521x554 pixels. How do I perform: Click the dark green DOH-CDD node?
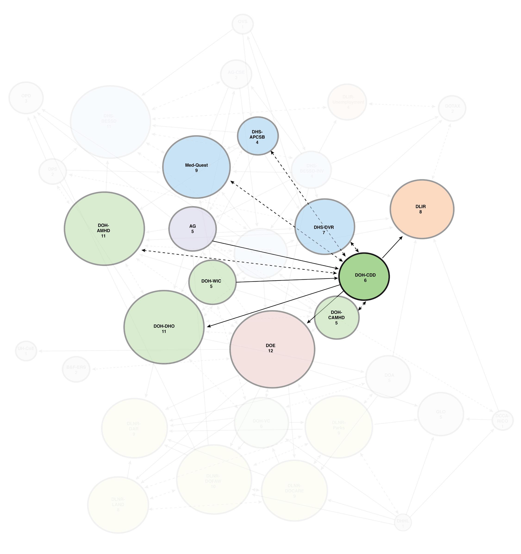pos(364,277)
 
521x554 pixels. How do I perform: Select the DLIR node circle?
pos(422,209)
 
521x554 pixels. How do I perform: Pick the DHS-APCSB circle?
pos(258,136)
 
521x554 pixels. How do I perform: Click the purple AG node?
pos(192,229)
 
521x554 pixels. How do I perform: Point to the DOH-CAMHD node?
pos(337,317)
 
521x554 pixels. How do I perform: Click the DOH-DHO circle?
pos(164,327)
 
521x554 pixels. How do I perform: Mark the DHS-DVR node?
pos(324,227)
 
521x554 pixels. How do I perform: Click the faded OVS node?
pos(243,24)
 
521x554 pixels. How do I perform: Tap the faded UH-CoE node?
pos(26,351)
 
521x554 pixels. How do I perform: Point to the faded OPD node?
pos(26,98)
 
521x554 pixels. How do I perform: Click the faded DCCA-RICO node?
pos(502,421)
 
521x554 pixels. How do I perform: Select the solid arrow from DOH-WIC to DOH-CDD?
pos(287,280)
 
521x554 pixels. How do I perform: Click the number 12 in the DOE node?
pos(270,351)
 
